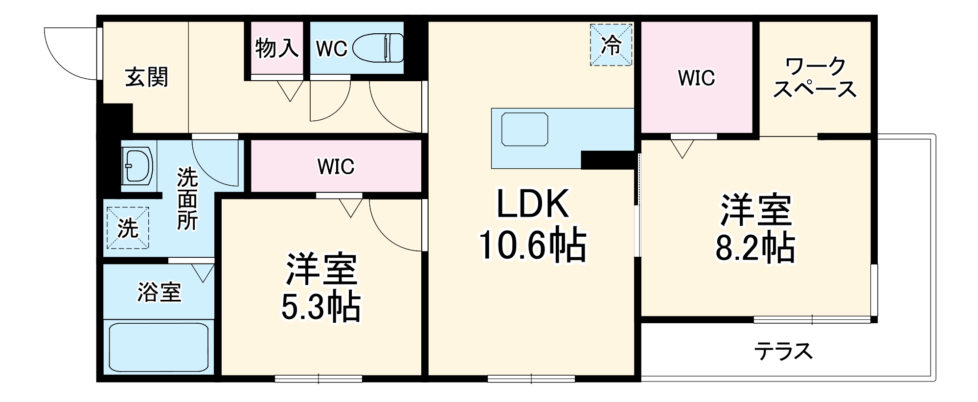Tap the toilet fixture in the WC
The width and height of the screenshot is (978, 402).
pyautogui.click(x=378, y=48)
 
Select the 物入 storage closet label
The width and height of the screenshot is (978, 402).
pyautogui.click(x=277, y=48)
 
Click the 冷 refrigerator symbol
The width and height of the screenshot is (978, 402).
pyautogui.click(x=611, y=45)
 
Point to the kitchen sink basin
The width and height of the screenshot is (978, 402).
pyautogui.click(x=524, y=129)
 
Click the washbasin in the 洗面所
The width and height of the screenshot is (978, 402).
pyautogui.click(x=138, y=166)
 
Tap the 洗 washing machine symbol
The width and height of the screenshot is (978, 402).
pyautogui.click(x=128, y=228)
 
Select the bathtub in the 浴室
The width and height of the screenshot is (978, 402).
pyautogui.click(x=159, y=347)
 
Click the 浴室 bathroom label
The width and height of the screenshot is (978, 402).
pyautogui.click(x=159, y=292)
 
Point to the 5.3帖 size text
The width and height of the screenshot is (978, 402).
pyautogui.click(x=321, y=307)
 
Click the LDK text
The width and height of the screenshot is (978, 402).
pyautogui.click(x=533, y=204)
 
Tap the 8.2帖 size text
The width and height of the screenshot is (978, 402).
pyautogui.click(x=755, y=248)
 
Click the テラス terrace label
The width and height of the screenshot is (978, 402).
pyautogui.click(x=783, y=351)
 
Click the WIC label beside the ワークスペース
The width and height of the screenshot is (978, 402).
pyautogui.click(x=696, y=78)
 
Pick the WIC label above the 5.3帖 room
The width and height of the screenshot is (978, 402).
pyautogui.click(x=336, y=167)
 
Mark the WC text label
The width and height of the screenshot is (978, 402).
pyautogui.click(x=331, y=48)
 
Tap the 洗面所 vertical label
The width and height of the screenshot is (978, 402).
pyautogui.click(x=187, y=199)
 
